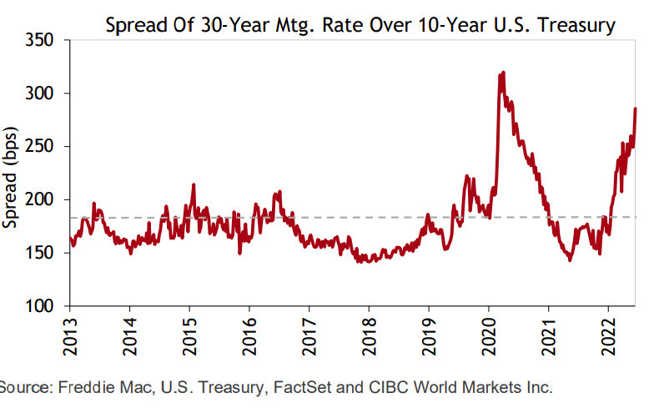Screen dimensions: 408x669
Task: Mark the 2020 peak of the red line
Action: point(502,73)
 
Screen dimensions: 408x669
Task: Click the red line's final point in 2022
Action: point(636,108)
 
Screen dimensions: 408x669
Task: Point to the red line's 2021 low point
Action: point(570,260)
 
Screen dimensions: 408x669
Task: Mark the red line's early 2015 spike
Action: point(194,184)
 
